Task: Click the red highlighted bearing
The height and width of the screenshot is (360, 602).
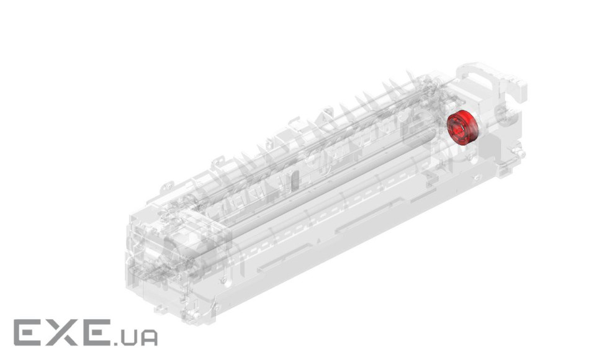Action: pos(462,127)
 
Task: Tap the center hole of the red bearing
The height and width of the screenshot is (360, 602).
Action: pos(459,128)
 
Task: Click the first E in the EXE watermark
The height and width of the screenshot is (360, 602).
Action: pos(27,332)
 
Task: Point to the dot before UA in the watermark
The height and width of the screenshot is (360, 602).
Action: pos(115,343)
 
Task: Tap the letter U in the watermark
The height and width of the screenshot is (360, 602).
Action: pos(128,337)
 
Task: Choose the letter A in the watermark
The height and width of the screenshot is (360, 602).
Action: pos(148,337)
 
